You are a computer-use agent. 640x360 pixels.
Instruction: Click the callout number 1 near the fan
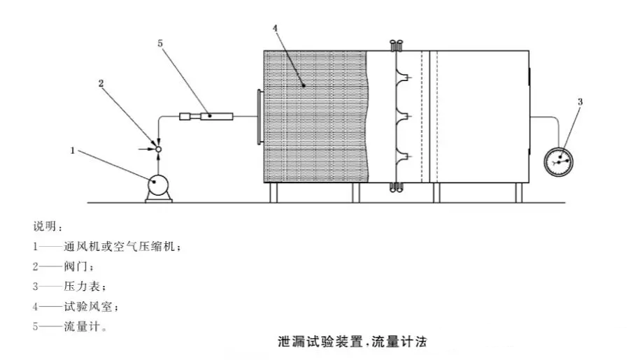[x=73, y=149]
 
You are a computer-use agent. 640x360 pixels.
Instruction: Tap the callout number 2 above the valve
[x=101, y=82]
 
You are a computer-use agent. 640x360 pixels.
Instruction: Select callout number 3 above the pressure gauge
[x=580, y=102]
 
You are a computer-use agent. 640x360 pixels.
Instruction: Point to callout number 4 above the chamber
[x=275, y=28]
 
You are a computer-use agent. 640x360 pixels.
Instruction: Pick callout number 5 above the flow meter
[x=160, y=43]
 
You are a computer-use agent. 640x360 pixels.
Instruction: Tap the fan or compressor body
[x=157, y=185]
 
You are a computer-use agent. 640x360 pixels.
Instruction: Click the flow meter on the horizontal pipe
[x=208, y=116]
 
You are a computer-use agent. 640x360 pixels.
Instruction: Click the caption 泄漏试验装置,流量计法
[x=352, y=343]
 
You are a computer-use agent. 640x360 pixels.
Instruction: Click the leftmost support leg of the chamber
[x=273, y=193]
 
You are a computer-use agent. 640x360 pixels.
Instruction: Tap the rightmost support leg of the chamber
[x=518, y=193]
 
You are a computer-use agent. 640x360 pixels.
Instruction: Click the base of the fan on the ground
[x=158, y=199]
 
